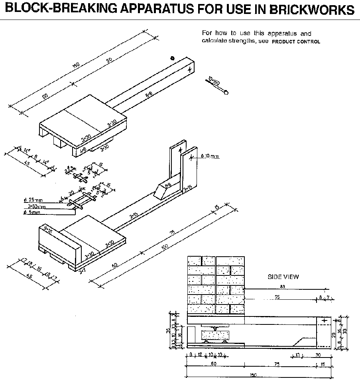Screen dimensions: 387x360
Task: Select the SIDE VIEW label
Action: tap(283, 277)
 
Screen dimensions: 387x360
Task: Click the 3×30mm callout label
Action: tap(37, 206)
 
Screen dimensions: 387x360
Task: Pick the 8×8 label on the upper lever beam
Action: tap(149, 95)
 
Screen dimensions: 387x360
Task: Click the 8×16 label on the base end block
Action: tap(49, 230)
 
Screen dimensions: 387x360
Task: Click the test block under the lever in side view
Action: tap(215, 335)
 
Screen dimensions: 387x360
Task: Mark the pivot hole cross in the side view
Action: tap(325, 320)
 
